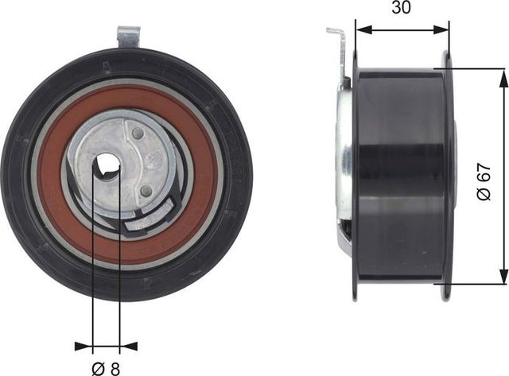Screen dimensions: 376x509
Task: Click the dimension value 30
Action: pyautogui.click(x=402, y=10)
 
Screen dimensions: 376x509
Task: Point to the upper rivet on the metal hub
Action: pyautogui.click(x=138, y=133)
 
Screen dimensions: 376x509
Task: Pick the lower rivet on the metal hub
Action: pyautogui.click(x=145, y=190)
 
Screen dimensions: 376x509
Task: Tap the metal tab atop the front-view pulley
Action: pyautogui.click(x=128, y=37)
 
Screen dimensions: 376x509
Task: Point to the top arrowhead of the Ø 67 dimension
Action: pyautogui.click(x=502, y=74)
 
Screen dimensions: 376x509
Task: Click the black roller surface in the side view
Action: pyautogui.click(x=402, y=175)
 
